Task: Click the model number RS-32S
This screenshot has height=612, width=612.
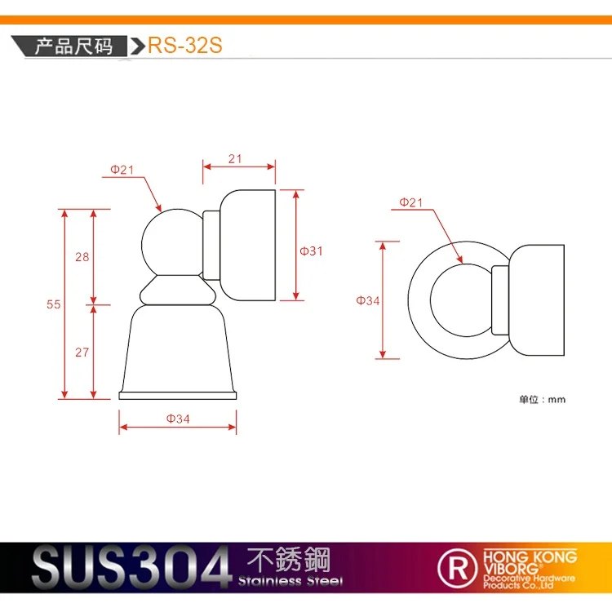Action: point(185,45)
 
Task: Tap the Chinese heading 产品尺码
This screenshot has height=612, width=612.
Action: point(73,46)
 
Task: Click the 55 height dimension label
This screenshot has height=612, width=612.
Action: point(54,304)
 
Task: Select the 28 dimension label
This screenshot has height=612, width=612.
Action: point(82,257)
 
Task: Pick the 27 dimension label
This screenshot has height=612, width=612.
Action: point(82,352)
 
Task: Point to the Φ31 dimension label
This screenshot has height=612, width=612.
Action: point(311,251)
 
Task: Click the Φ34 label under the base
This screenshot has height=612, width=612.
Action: point(178,419)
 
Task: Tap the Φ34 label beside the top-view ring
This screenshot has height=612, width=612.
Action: point(368,300)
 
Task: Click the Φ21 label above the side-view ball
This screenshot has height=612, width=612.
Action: point(122,170)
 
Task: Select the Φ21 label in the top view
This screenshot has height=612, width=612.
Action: point(410,202)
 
